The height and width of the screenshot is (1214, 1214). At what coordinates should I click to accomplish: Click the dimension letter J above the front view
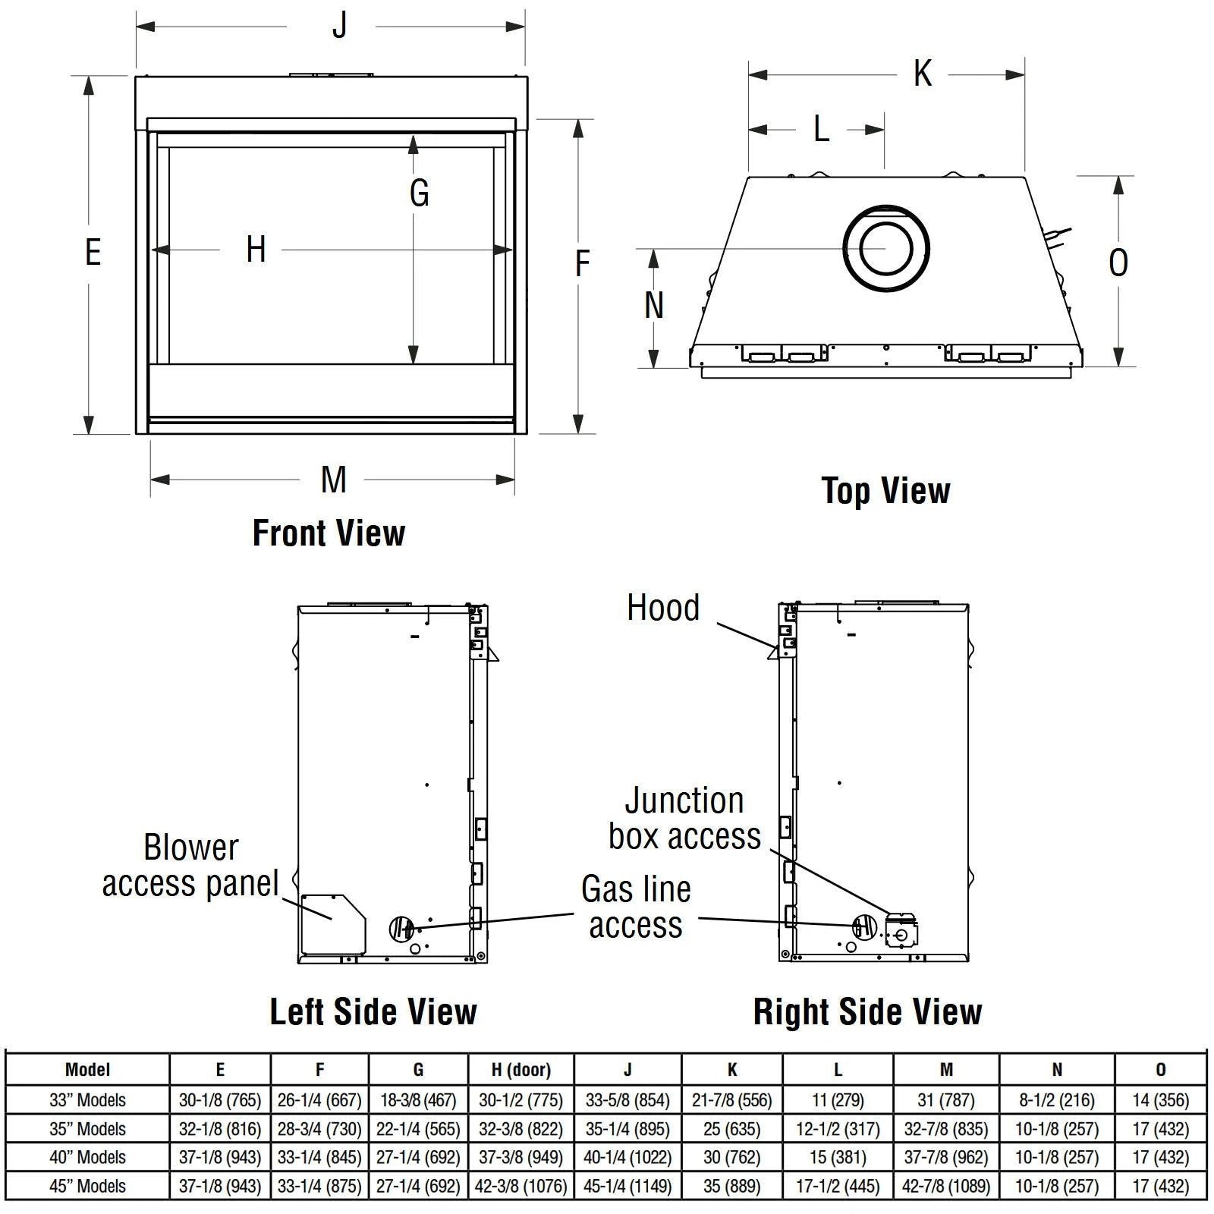pyautogui.click(x=339, y=26)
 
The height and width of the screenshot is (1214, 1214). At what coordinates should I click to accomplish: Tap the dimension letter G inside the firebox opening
pyautogui.click(x=419, y=193)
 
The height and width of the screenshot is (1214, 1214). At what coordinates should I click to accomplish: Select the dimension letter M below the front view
pyautogui.click(x=333, y=480)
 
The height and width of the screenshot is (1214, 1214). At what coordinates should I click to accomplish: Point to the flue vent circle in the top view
pyautogui.click(x=885, y=248)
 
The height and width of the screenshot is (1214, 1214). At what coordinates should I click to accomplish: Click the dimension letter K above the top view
pyautogui.click(x=922, y=74)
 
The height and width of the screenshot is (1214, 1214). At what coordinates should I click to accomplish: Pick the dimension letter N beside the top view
pyautogui.click(x=653, y=305)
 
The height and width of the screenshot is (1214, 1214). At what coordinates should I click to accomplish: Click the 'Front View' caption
pyautogui.click(x=329, y=533)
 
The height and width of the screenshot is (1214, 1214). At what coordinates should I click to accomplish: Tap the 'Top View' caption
pyautogui.click(x=885, y=491)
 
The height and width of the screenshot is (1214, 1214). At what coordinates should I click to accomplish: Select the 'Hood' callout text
pyautogui.click(x=663, y=608)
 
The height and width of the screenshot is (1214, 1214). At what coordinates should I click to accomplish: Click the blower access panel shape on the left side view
pyautogui.click(x=332, y=924)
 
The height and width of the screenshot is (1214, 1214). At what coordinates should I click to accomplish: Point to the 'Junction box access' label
pyautogui.click(x=684, y=819)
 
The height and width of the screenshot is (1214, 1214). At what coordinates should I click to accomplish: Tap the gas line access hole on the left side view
pyautogui.click(x=401, y=927)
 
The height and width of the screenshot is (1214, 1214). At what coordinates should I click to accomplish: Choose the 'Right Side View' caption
pyautogui.click(x=867, y=1011)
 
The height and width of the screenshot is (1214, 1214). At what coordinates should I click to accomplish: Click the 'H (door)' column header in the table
pyautogui.click(x=521, y=1070)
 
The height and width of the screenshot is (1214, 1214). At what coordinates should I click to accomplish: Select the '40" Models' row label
pyautogui.click(x=87, y=1157)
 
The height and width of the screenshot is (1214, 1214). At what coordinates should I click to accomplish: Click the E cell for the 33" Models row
pyautogui.click(x=220, y=1099)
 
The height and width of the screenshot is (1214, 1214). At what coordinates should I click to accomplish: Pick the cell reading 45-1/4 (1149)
pyautogui.click(x=627, y=1186)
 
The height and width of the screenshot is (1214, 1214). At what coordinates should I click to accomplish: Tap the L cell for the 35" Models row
pyautogui.click(x=838, y=1128)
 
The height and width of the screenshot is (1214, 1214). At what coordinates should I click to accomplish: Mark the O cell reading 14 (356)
pyautogui.click(x=1160, y=1099)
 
